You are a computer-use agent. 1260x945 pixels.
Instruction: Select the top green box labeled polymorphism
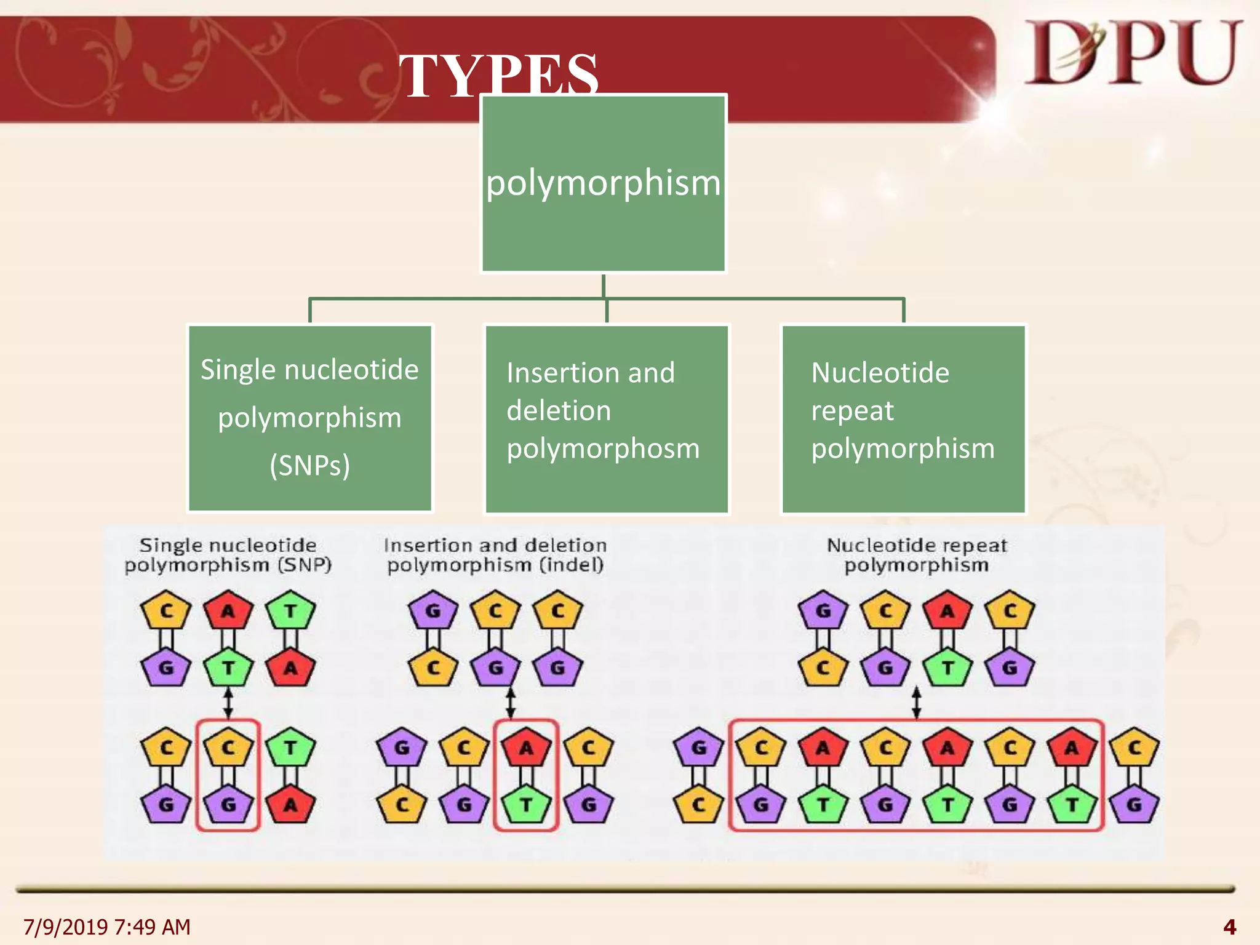[603, 183]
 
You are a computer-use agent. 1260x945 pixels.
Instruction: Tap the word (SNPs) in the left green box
[309, 465]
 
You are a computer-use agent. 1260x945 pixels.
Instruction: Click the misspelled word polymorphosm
[603, 449]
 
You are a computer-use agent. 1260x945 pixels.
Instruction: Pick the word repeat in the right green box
[852, 411]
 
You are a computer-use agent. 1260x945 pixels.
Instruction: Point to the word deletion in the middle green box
[559, 411]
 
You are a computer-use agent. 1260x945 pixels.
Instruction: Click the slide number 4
[1229, 927]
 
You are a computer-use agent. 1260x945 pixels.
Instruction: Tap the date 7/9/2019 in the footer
[65, 927]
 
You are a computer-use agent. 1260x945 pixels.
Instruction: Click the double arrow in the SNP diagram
[228, 703]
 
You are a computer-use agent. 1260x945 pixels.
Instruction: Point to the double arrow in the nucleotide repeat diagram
[916, 703]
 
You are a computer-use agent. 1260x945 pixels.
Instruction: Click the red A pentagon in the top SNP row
[228, 610]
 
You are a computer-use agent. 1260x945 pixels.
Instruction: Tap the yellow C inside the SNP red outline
[228, 748]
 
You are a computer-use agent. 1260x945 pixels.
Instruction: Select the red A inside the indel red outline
[527, 748]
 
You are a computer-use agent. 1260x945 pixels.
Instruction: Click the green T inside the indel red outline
[527, 804]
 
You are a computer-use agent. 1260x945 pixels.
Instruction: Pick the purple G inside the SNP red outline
[228, 804]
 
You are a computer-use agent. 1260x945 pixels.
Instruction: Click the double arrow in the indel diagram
[510, 703]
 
